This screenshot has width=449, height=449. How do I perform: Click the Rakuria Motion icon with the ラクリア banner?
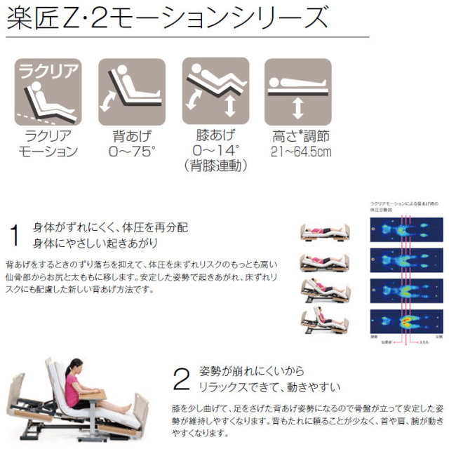coord(46,91)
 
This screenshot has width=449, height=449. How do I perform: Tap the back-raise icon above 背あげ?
coord(131,91)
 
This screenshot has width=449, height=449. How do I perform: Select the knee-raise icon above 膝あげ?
coord(215,91)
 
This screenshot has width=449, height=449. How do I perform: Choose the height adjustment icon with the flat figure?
coord(297,91)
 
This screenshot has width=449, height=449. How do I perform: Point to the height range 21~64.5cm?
coord(298,151)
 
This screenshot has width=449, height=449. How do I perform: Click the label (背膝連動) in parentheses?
coord(215,166)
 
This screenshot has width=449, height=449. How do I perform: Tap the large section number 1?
coord(14,236)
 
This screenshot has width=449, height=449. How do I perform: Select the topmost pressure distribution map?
coord(406,230)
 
